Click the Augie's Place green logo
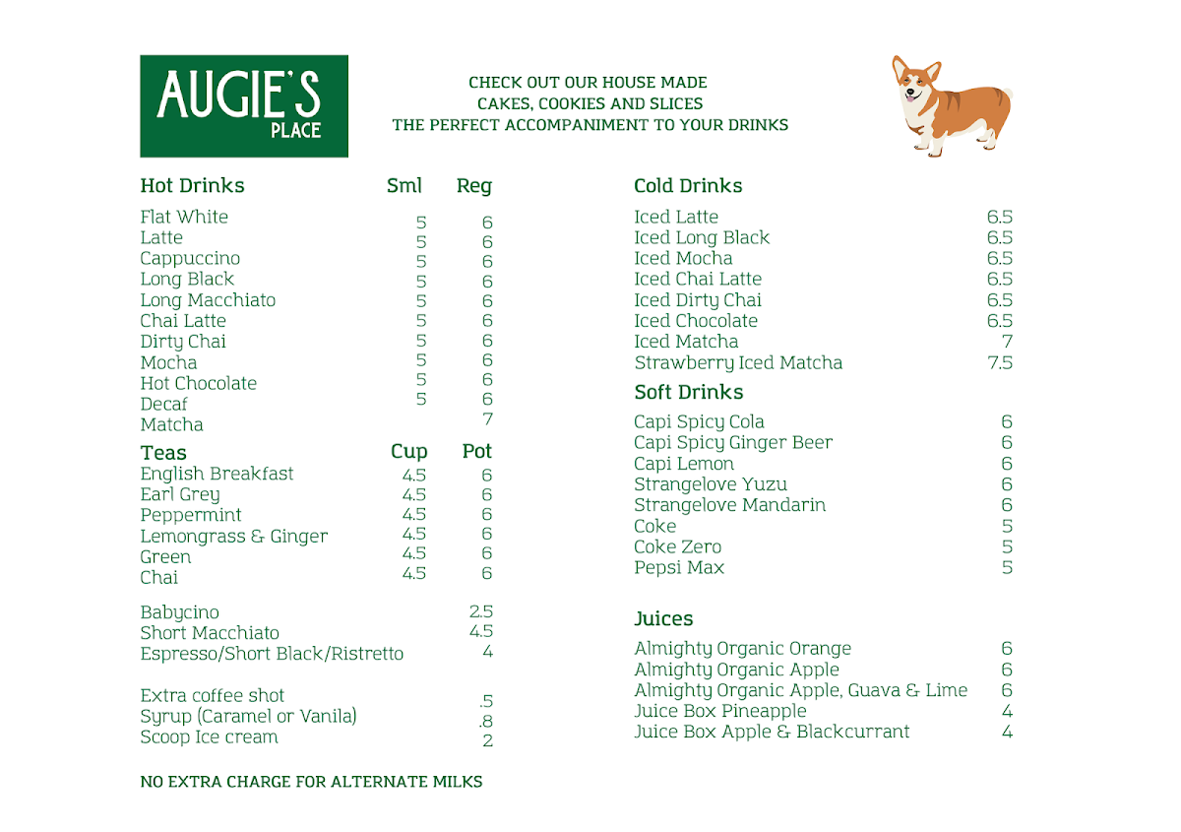244,106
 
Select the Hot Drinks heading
192,186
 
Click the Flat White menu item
184,217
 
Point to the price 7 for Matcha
486,419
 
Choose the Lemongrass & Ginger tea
234,537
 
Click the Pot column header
477,452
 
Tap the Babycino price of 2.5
481,611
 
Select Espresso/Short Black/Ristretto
272,654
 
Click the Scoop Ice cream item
209,737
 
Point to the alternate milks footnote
311,782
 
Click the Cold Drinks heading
688,186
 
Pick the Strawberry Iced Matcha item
738,362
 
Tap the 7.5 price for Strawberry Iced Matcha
1000,362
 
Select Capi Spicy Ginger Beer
733,443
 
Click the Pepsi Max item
679,568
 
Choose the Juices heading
663,619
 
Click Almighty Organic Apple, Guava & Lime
800,690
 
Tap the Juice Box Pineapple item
720,711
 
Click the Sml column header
404,186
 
